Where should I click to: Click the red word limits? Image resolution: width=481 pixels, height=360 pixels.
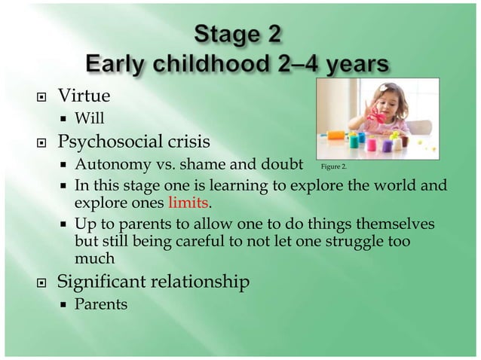188,204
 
